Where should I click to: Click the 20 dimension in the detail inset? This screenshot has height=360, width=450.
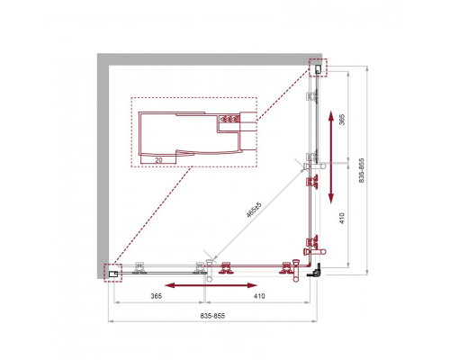pos(157,159)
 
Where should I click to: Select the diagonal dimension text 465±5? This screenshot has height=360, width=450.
pos(255,212)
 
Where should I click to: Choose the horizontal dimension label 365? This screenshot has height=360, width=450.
pos(156,294)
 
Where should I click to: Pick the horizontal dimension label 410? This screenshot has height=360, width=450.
pos(258,294)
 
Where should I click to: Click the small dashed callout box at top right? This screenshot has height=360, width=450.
pos(318,67)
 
